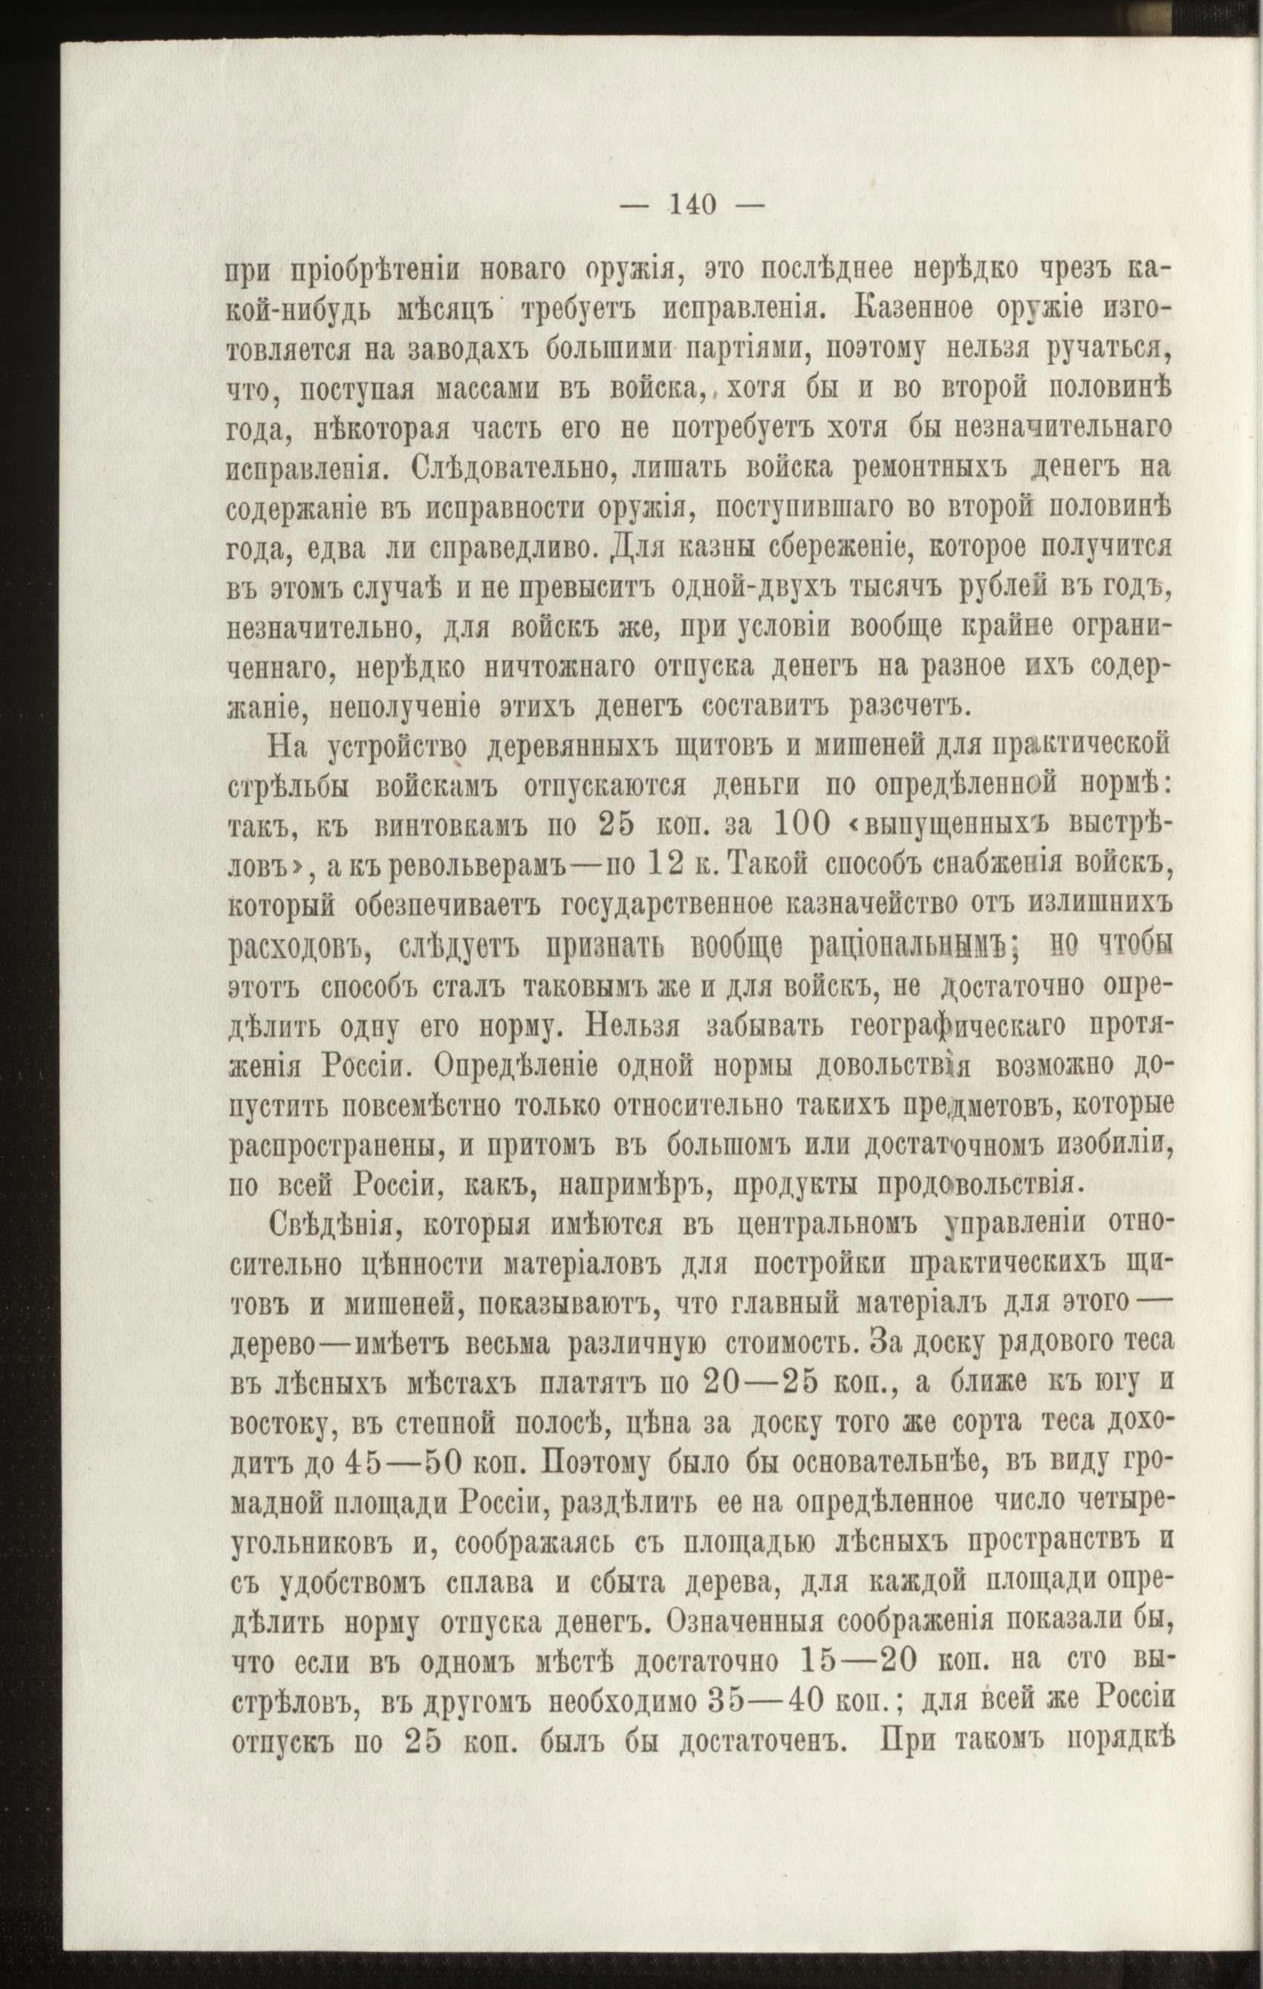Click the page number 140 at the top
coord(693,203)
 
